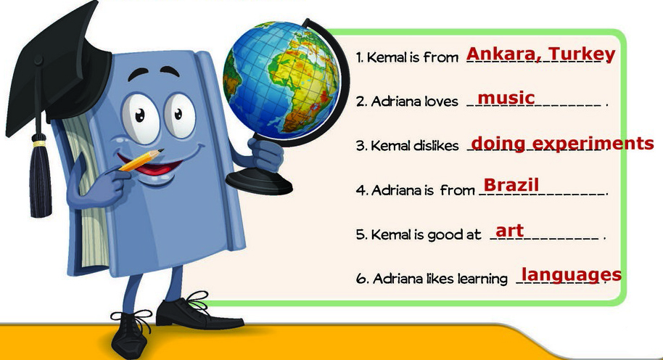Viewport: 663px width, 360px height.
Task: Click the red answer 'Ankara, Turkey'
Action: click(x=541, y=54)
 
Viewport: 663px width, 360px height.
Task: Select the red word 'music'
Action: click(x=506, y=98)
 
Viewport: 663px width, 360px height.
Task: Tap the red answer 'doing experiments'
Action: click(x=562, y=144)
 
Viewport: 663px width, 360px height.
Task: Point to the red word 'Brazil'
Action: click(x=511, y=185)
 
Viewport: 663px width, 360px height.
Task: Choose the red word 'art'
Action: click(x=509, y=231)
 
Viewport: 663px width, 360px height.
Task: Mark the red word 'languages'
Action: click(x=572, y=275)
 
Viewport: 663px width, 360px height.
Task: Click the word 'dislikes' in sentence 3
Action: click(x=436, y=146)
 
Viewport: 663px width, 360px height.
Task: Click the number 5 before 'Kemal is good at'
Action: click(x=361, y=234)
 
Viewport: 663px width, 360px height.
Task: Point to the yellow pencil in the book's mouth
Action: click(x=141, y=160)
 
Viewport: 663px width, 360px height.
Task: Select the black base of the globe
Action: click(x=259, y=181)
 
